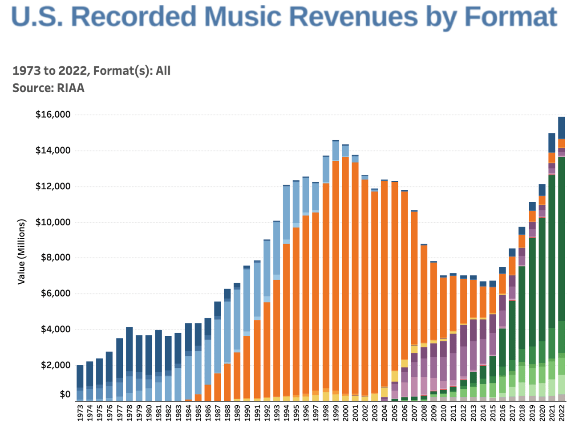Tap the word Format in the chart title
tap(510, 16)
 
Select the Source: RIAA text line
tap(48, 88)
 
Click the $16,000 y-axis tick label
tap(53, 114)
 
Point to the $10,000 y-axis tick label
tap(53, 222)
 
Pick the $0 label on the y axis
tap(65, 394)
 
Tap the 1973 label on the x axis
tap(80, 412)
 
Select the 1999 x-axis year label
tap(336, 412)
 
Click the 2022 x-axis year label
tap(562, 412)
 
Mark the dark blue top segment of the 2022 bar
tap(562, 128)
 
